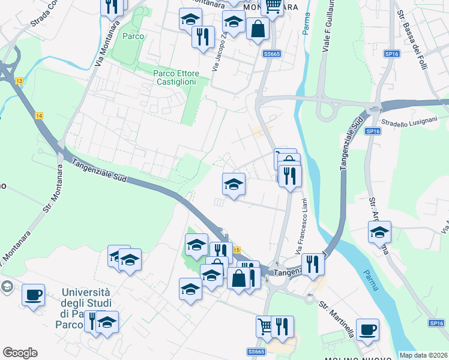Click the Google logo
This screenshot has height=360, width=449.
[20, 353]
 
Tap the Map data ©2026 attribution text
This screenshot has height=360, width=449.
[423, 355]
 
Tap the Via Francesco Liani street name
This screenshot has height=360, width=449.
[301, 224]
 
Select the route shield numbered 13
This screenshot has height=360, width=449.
[20, 81]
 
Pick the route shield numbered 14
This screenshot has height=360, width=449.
[39, 115]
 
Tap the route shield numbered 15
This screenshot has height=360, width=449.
[237, 250]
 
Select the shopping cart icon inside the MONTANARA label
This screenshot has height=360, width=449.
[273, 6]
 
